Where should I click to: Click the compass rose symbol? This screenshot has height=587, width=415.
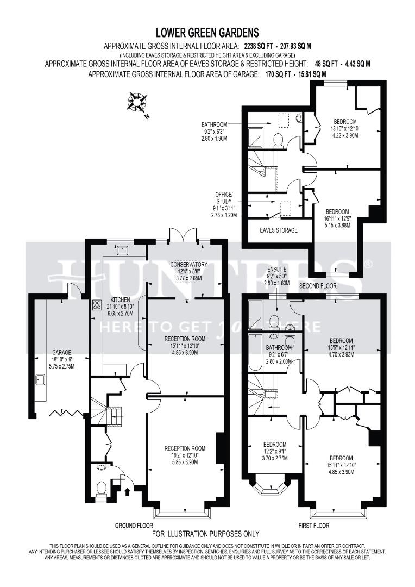pyautogui.click(x=137, y=102)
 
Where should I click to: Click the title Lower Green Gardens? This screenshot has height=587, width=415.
pyautogui.click(x=207, y=33)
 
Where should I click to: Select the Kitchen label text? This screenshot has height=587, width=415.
pyautogui.click(x=121, y=299)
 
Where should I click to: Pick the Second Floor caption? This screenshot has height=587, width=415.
pyautogui.click(x=318, y=285)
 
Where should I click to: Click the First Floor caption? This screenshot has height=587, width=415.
pyautogui.click(x=314, y=526)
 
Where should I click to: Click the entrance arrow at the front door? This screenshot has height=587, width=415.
pyautogui.click(x=128, y=492)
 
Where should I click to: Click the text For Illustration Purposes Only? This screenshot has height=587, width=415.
pyautogui.click(x=207, y=534)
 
